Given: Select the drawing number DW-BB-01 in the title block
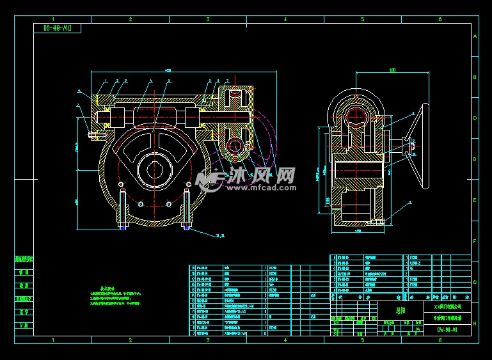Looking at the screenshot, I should pos(446,330).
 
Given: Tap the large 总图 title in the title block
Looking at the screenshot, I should pos(400,309).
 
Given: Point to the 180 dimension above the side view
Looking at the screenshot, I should pos(392,71).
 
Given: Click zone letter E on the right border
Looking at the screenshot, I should pos(475,200).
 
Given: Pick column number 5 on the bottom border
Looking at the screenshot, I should pos(363,340).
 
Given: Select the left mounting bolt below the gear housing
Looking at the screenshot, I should pos(121,208).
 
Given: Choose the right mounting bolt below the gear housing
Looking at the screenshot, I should pos(187,208).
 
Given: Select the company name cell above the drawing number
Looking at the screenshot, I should pos(446,307).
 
